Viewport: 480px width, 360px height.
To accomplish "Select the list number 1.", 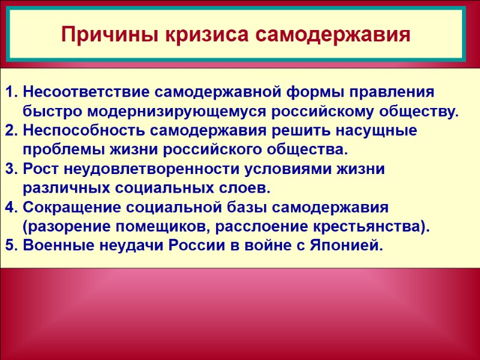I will tap(10, 93).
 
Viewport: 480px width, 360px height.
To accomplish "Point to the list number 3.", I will tap(10, 170).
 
